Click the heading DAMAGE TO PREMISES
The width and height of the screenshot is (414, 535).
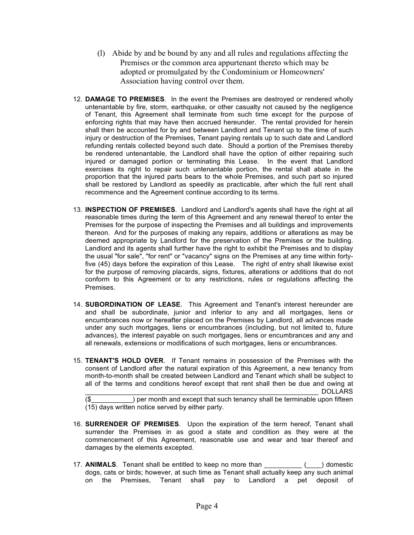pos(125,99)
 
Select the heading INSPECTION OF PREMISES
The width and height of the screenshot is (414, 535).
pos(130,210)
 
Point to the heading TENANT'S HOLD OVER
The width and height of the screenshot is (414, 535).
pos(124,361)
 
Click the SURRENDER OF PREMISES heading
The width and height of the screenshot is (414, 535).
pos(132,424)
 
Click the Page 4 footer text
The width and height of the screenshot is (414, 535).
pos(207,506)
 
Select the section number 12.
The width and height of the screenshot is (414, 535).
pos(77,99)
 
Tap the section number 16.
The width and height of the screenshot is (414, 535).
pos(77,424)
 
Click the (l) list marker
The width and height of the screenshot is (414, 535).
pos(101,53)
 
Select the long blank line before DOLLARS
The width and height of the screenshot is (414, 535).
pos(201,391)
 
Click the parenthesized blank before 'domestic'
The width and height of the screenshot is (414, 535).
pos(315,465)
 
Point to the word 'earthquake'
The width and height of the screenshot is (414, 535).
pos(187,107)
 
